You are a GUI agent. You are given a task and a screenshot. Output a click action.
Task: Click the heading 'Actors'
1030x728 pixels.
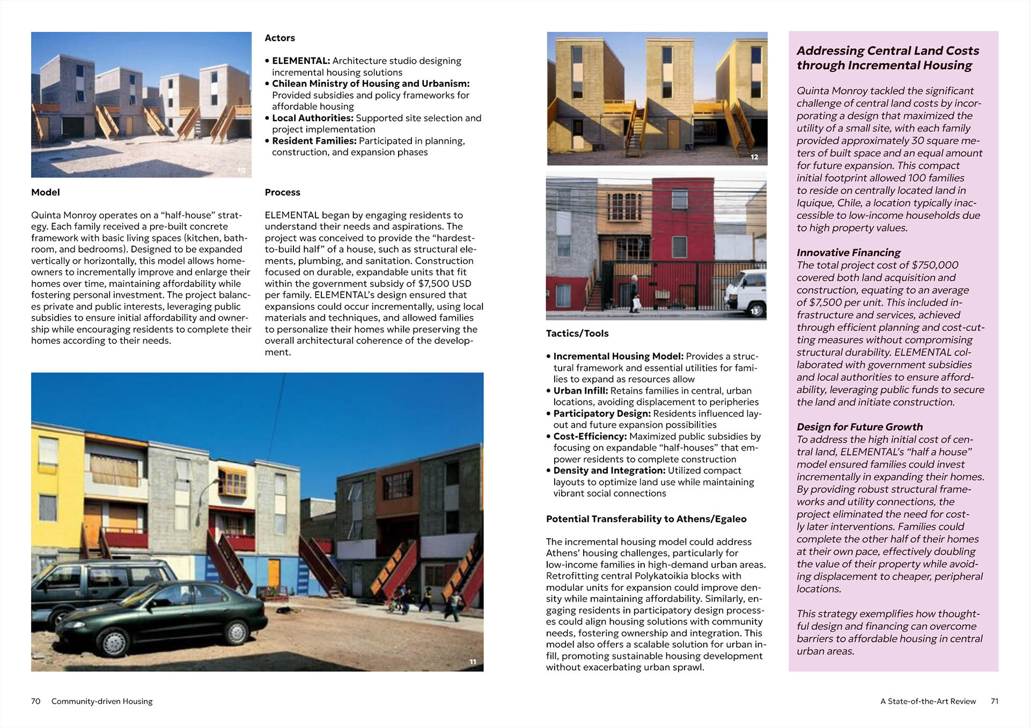point(279,38)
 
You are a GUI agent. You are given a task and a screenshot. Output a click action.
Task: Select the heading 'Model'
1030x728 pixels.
point(46,192)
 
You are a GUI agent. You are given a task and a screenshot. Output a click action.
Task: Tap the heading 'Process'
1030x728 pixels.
point(282,192)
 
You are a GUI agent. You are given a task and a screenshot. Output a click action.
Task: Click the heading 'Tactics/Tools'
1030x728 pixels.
point(577,333)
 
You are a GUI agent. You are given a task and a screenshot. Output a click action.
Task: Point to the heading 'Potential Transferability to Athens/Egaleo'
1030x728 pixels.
point(646,519)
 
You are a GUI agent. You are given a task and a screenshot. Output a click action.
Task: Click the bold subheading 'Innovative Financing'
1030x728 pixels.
point(848,252)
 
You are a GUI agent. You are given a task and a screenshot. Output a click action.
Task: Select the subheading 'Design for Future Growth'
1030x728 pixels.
point(859,426)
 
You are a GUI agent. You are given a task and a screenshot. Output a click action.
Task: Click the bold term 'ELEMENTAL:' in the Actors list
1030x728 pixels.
point(300,61)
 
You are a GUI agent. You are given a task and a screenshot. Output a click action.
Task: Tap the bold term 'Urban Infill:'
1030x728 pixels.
point(580,391)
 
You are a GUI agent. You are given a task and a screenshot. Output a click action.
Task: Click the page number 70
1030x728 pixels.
point(36,701)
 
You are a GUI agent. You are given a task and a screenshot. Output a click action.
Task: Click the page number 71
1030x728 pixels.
point(994,701)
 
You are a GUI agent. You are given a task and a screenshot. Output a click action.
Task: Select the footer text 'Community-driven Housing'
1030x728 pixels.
point(102,701)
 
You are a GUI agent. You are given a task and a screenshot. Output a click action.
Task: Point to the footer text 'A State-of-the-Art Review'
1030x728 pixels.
point(928,701)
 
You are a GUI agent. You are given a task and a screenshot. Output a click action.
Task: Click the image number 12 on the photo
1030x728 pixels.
point(754,157)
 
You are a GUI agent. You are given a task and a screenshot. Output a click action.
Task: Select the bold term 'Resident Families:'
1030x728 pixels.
point(314,141)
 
